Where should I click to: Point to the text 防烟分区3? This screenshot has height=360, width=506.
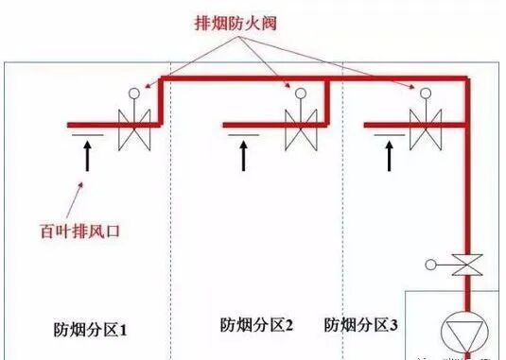pos(361,326)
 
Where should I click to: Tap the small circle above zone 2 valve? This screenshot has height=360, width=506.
pos(302,94)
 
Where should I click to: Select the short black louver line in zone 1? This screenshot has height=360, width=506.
pos(82,136)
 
